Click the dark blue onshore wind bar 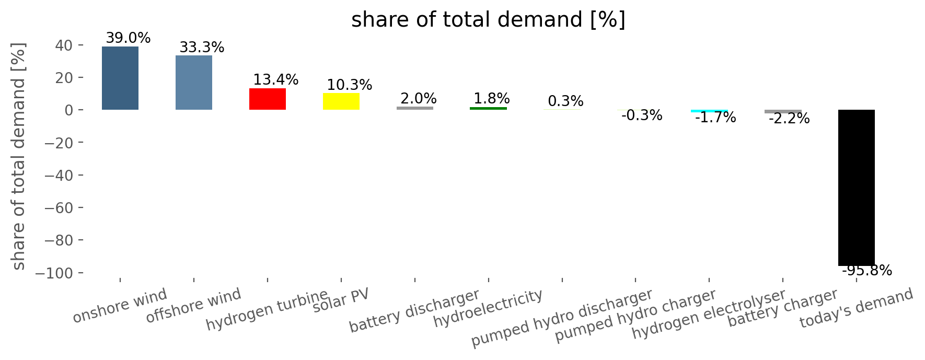coord(120,78)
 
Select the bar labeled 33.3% coord(194,83)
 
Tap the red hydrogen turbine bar coord(268,99)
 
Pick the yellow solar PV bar coord(341,101)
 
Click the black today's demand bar coord(857,188)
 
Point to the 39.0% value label coord(128,38)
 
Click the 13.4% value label coord(276,80)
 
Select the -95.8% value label coord(867,271)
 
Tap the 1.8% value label coord(492,99)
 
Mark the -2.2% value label coord(789,119)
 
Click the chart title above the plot coord(488,20)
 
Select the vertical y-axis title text coord(18,157)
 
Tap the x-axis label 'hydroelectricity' coord(488,308)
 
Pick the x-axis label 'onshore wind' coord(120,306)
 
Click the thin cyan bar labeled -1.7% coord(709,111)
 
